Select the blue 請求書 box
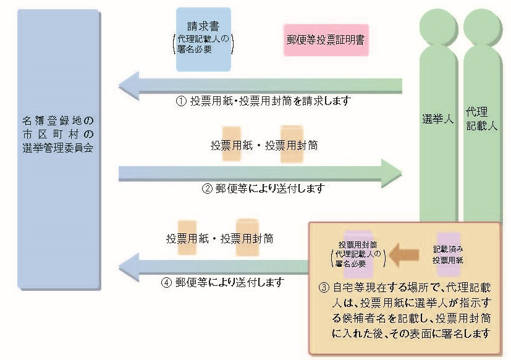(x=203, y=39)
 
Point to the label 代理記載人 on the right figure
(x=481, y=120)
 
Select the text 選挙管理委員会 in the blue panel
(x=58, y=149)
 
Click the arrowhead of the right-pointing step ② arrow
(x=392, y=173)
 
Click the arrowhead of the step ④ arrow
(x=128, y=267)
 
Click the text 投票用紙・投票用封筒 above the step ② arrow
(x=256, y=146)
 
